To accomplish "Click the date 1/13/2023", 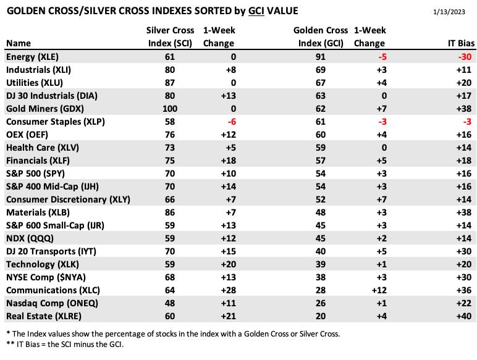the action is (x=449, y=12).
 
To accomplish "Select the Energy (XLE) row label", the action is (x=32, y=57).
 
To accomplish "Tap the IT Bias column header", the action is (x=461, y=43).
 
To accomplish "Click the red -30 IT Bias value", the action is (x=465, y=57).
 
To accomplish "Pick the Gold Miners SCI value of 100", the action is (x=170, y=109).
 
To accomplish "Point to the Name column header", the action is (x=19, y=43).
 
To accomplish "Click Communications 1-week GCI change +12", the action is (x=379, y=290).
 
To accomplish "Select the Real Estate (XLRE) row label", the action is (x=44, y=316).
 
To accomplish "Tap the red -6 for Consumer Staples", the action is (x=232, y=122).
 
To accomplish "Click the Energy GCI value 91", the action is (x=321, y=57).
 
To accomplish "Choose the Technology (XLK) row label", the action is (x=43, y=264).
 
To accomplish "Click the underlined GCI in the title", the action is (x=256, y=11).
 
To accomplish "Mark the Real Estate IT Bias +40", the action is (x=464, y=316).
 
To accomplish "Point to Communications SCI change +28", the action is (x=229, y=290).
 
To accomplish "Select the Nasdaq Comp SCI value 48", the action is (x=170, y=303).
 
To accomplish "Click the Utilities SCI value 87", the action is (x=170, y=83).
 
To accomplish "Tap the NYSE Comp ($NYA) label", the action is (x=46, y=277).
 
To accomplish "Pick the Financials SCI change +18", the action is (x=229, y=161).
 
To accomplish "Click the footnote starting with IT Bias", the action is (x=65, y=345).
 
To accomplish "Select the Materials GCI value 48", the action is (x=321, y=212).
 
